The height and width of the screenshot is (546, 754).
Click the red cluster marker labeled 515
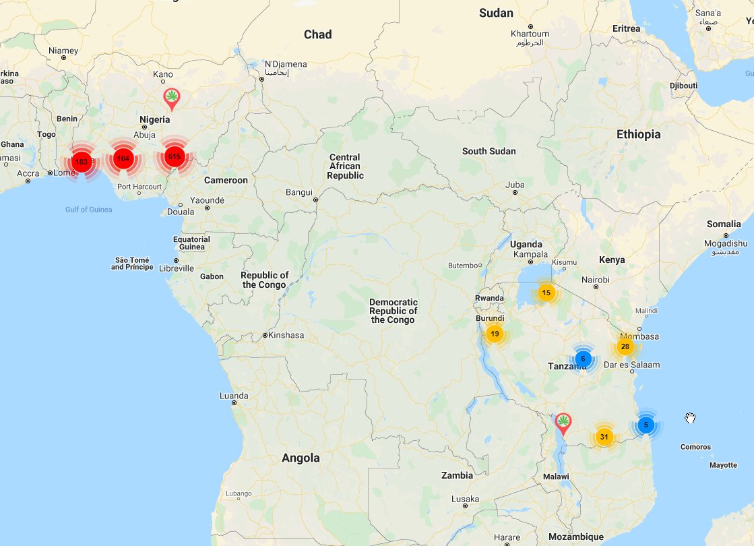(x=175, y=157)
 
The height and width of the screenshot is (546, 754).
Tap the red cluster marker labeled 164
(x=123, y=159)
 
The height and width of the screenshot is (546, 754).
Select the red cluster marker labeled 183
(x=82, y=162)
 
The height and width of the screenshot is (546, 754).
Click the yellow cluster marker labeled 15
(x=546, y=293)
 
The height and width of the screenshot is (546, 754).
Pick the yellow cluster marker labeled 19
(x=495, y=334)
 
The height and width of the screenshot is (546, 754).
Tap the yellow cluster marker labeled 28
(x=625, y=347)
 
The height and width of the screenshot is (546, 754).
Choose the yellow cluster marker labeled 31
(x=604, y=437)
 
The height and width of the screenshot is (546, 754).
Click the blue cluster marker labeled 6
(x=584, y=359)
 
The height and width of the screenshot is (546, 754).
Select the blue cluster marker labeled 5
(x=646, y=425)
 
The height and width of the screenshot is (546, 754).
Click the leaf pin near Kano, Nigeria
(x=173, y=98)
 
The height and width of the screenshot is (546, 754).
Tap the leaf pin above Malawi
(x=563, y=423)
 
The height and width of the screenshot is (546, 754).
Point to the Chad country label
(x=317, y=34)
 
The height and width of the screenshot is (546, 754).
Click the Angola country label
(x=301, y=458)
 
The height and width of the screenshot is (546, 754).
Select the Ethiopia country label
(x=638, y=135)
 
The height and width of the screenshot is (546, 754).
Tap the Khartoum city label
(x=530, y=34)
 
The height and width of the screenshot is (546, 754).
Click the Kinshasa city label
(x=286, y=335)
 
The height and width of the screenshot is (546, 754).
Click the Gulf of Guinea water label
(x=89, y=210)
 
